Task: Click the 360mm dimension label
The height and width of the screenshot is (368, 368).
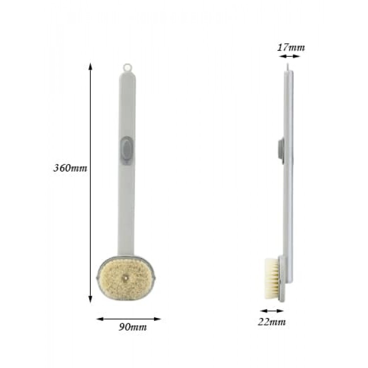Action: (x=70, y=168)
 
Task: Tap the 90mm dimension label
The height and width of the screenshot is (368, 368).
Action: (x=132, y=327)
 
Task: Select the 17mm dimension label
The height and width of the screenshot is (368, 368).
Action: (x=291, y=48)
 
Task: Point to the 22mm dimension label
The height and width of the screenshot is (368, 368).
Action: (x=272, y=321)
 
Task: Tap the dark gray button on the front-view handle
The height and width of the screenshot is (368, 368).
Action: (x=127, y=150)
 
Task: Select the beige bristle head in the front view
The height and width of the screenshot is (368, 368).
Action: (x=126, y=279)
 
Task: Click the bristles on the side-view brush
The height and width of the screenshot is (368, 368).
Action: (x=272, y=279)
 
